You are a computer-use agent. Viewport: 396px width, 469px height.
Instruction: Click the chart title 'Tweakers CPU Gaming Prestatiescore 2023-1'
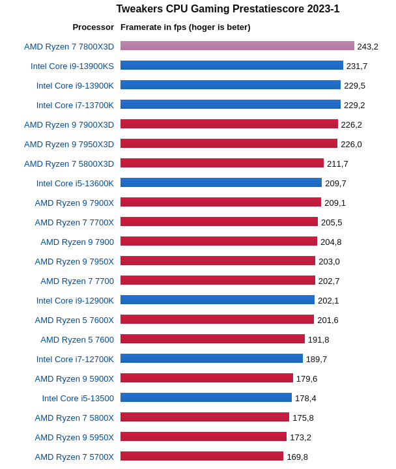tap(227, 9)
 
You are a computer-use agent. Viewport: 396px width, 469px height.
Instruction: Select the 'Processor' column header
tap(93, 27)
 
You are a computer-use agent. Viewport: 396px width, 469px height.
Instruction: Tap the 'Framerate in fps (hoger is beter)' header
tap(185, 27)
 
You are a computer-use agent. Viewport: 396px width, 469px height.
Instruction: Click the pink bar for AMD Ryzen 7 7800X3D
tap(237, 46)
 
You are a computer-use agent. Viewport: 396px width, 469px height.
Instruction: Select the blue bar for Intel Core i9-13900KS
tap(231, 65)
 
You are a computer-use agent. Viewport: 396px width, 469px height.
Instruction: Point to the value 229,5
tap(354, 85)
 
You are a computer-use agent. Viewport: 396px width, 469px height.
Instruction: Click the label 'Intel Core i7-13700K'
tap(75, 105)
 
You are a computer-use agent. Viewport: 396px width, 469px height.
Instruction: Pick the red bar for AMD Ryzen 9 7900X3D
tap(229, 124)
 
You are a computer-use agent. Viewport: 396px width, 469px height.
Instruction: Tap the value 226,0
tap(351, 144)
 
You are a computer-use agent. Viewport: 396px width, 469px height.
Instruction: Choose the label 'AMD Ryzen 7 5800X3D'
tap(69, 163)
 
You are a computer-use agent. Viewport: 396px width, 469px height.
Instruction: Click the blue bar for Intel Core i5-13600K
tap(221, 182)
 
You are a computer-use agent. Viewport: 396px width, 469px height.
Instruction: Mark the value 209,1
tap(335, 203)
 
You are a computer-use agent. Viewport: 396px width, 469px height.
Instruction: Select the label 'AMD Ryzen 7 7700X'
tap(74, 222)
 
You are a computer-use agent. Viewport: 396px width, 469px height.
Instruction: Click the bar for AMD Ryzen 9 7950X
tap(218, 261)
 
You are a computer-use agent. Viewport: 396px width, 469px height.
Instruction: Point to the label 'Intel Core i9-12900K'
tap(75, 300)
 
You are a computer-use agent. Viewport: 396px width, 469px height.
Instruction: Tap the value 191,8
tap(318, 339)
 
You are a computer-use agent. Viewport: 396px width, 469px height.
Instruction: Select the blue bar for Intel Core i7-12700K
tap(211, 358)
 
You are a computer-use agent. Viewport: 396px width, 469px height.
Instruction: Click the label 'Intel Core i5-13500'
tap(78, 398)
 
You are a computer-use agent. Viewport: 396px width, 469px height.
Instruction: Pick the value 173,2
tap(300, 437)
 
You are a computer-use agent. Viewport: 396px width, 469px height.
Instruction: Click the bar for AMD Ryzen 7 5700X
tap(201, 456)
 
